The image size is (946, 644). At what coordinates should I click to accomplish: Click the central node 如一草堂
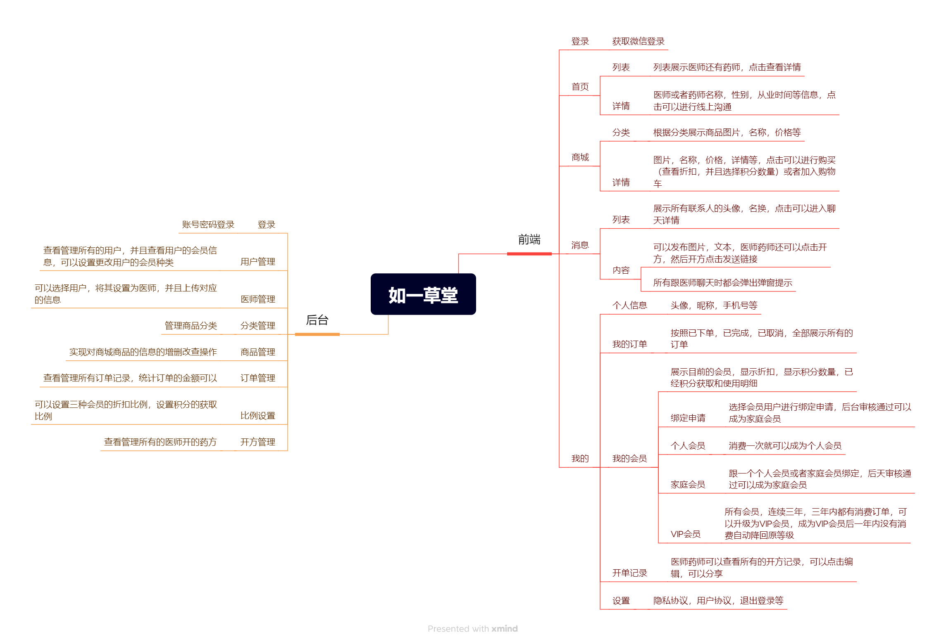coord(423,294)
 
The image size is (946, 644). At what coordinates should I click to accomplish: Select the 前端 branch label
coord(529,239)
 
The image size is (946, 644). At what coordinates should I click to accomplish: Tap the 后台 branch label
coord(317,320)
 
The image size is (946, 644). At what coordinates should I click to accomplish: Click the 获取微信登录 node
coord(638,41)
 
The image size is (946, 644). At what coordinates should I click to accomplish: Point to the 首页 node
coord(580,87)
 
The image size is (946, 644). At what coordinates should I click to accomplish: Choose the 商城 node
coord(580,157)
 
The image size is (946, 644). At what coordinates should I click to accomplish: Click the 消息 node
coord(580,245)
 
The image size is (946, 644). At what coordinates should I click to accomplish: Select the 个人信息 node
coord(629,305)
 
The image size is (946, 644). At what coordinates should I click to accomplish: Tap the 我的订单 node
coord(629,344)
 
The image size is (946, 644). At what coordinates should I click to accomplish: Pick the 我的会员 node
coord(629,459)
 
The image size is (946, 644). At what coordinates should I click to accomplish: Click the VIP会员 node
coord(685,534)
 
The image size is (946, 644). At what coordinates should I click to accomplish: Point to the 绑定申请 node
coord(688,418)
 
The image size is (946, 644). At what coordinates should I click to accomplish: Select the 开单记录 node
coord(629,573)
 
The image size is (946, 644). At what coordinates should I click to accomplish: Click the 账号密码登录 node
coord(208,225)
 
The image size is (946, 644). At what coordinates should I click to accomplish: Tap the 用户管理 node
coord(257,262)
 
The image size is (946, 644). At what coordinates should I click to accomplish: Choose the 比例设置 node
coord(257,416)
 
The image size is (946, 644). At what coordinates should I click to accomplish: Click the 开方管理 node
coord(257,442)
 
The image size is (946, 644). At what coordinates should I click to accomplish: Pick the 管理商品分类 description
coord(191,326)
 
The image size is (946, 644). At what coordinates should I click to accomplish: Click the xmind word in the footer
coord(504,629)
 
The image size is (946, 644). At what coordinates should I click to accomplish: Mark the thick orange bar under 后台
coord(317,334)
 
